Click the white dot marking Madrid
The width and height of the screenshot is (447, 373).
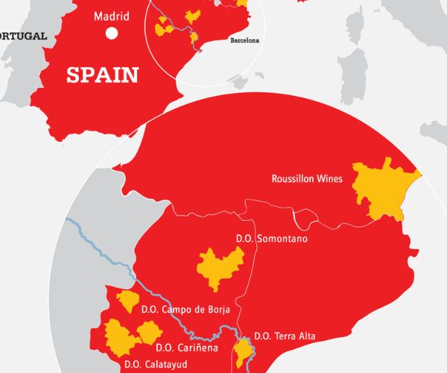[x=112, y=33]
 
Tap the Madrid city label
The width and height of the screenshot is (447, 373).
[x=112, y=16]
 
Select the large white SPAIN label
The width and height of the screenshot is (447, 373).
[x=103, y=75]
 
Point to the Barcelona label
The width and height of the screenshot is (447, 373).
[x=244, y=41]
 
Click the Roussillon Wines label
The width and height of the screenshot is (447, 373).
[x=307, y=179]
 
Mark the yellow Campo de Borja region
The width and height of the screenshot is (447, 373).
[x=127, y=302]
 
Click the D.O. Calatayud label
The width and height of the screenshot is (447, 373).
[x=156, y=364]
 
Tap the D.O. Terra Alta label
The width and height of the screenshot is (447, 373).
[x=285, y=336]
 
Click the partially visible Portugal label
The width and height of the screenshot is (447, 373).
[x=22, y=36]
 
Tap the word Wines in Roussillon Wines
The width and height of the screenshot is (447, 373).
[x=329, y=179]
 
